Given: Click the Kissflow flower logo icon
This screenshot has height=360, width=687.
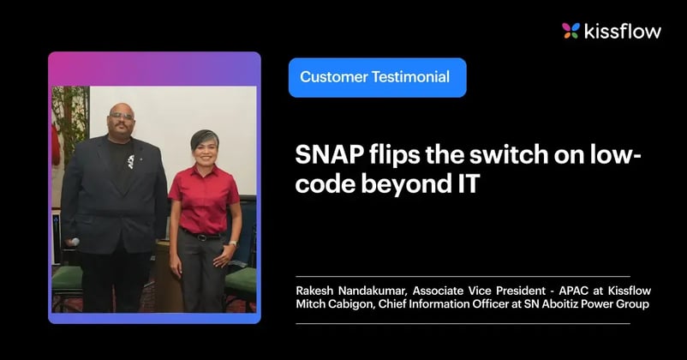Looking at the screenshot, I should tap(571, 31).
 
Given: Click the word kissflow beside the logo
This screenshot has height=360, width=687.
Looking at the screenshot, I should tap(622, 32).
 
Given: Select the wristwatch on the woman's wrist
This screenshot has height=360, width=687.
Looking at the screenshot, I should tap(231, 243).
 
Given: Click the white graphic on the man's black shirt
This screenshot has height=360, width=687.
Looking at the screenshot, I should tap(131, 160).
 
